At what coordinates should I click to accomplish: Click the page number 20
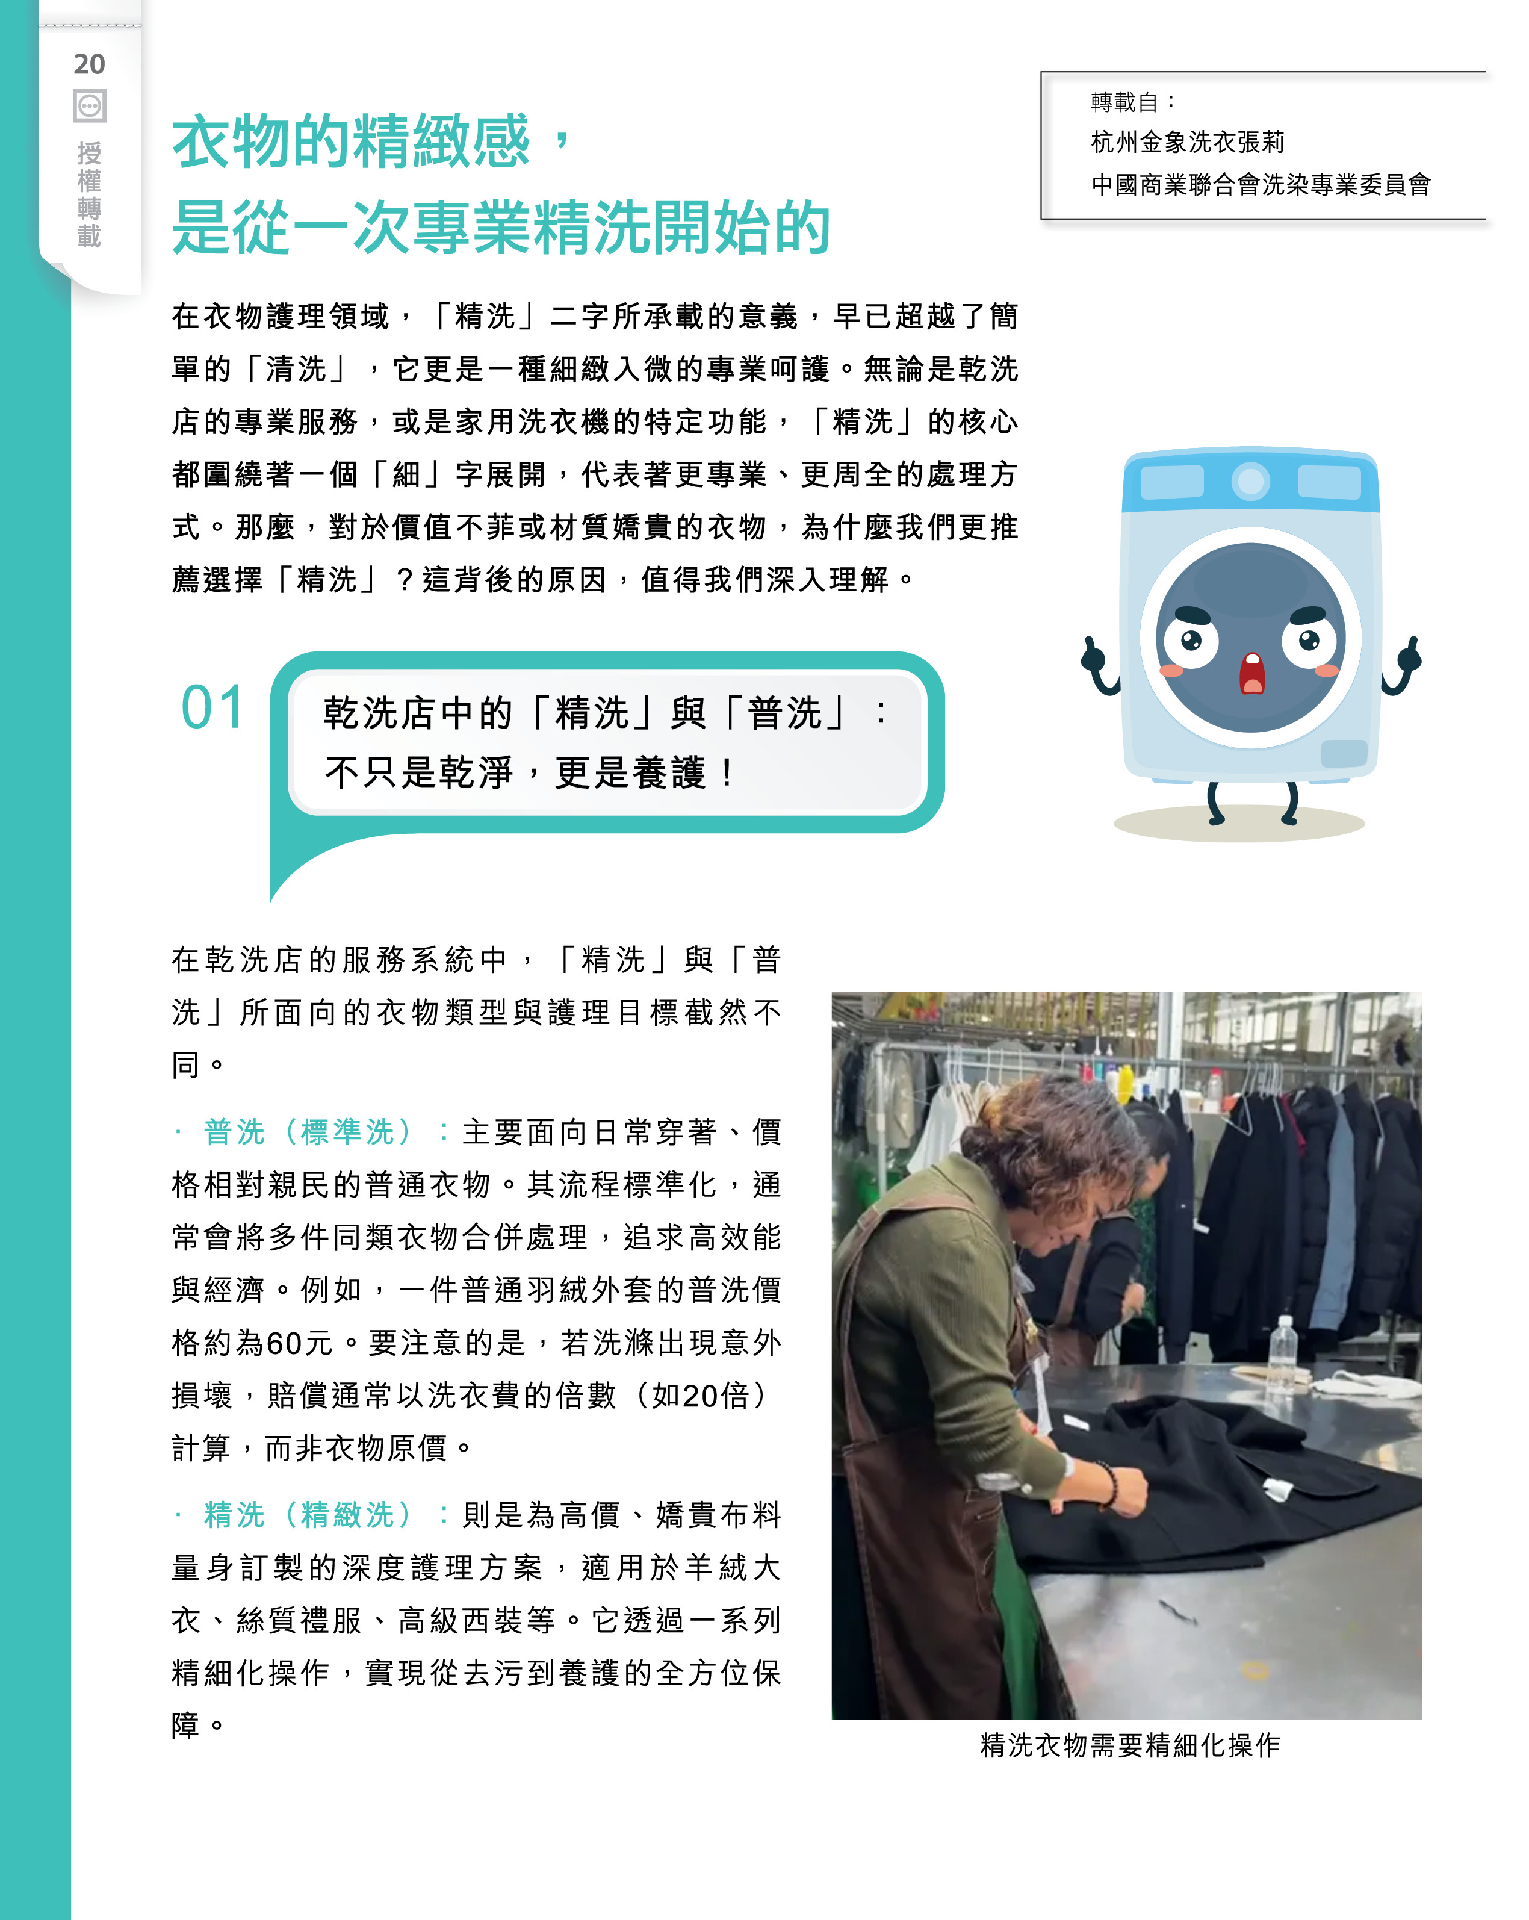[x=89, y=64]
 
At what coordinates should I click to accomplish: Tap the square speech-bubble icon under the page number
[x=89, y=106]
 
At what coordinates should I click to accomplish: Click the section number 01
[x=212, y=708]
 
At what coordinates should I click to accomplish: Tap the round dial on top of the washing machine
[x=1251, y=482]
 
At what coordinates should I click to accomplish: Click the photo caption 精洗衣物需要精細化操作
[x=1129, y=1745]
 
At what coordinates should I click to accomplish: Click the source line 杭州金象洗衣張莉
[x=1187, y=141]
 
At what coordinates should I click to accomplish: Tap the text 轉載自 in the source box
[x=1124, y=102]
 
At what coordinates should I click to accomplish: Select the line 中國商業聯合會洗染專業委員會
[x=1260, y=184]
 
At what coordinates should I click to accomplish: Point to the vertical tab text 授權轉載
[x=89, y=194]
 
